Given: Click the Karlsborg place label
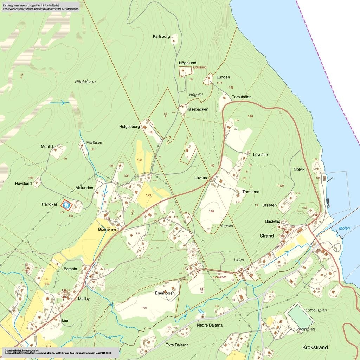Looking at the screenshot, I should tap(161, 36).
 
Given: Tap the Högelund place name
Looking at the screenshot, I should tap(187, 63).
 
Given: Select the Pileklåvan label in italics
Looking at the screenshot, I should tap(85, 82).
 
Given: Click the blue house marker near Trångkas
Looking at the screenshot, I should tap(66, 204).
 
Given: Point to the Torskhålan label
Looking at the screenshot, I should tap(242, 97).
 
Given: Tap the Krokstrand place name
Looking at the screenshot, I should tap(315, 347).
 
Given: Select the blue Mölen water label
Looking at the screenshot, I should tap(344, 229).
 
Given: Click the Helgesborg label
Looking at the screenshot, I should tap(129, 127).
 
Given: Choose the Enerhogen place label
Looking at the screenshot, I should tap(165, 293).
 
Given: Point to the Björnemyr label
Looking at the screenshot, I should tap(107, 230).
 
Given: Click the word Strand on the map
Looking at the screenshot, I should tap(266, 236).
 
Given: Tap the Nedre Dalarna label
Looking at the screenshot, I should tap(210, 325).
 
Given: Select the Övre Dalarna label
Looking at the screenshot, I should tap(177, 345).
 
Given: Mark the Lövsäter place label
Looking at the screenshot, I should tap(261, 155).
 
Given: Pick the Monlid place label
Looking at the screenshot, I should tap(47, 147).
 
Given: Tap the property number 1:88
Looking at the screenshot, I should tap(250, 116).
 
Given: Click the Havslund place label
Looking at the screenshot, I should tap(24, 184).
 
